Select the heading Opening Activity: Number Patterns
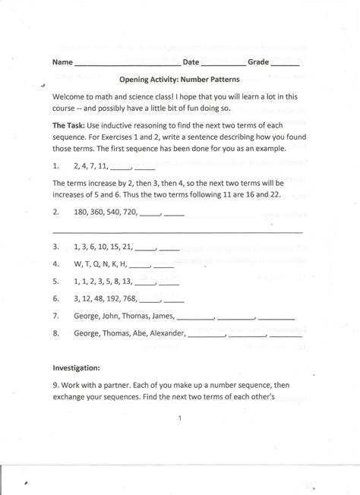tap(180, 79)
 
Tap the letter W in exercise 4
tap(77, 264)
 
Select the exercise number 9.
tap(55, 384)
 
